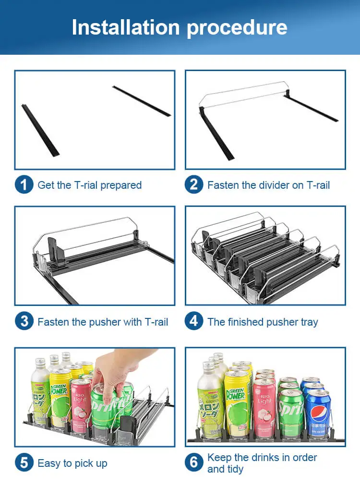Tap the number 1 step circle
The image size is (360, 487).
click(24, 185)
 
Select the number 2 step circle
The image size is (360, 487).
click(194, 185)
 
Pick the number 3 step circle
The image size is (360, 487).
click(24, 321)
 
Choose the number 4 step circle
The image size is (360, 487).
click(194, 321)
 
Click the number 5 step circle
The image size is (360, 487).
click(24, 463)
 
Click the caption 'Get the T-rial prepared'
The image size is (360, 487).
click(89, 185)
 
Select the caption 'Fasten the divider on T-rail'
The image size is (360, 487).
click(268, 185)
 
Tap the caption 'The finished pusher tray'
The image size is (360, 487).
click(263, 322)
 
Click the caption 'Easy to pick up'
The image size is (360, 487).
click(72, 463)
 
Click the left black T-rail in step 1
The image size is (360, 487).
click(40, 130)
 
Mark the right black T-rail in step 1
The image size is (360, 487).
click(142, 101)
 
